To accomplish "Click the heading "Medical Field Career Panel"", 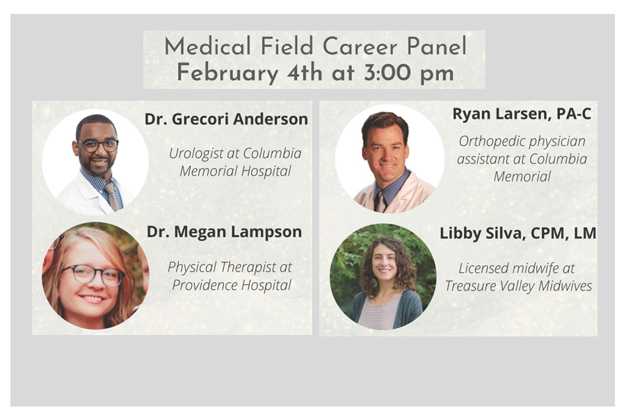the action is click(x=315, y=47).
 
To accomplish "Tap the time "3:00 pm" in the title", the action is click(x=408, y=73).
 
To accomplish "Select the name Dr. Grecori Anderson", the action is click(x=226, y=119).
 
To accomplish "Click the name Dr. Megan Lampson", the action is click(x=224, y=232).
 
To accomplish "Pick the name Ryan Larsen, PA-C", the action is click(x=522, y=114).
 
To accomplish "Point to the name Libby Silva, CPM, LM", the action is click(x=517, y=234).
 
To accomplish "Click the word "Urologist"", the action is click(x=193, y=154).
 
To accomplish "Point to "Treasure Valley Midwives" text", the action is click(x=518, y=286).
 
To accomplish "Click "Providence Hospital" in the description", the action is click(x=232, y=285).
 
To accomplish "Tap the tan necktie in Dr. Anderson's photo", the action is click(x=112, y=196).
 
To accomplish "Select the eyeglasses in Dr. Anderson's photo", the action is click(x=98, y=146).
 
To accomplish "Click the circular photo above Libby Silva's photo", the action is click(x=390, y=159).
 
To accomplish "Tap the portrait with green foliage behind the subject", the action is click(x=383, y=277).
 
